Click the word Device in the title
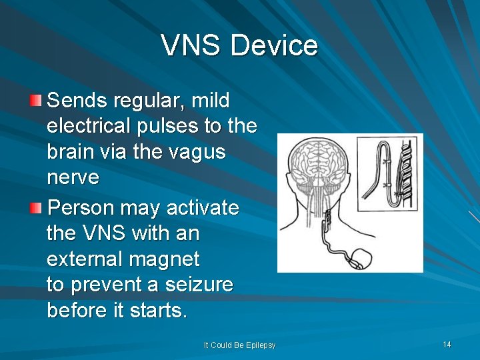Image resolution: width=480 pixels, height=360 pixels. point(274,46)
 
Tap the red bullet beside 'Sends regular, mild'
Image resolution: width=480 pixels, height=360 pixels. point(36,101)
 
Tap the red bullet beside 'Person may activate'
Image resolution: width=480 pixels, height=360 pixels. point(36,209)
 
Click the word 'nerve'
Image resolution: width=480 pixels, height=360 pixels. point(73,178)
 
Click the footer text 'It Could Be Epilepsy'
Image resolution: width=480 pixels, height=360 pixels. point(239,345)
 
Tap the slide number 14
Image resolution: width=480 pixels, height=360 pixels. point(447,345)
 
